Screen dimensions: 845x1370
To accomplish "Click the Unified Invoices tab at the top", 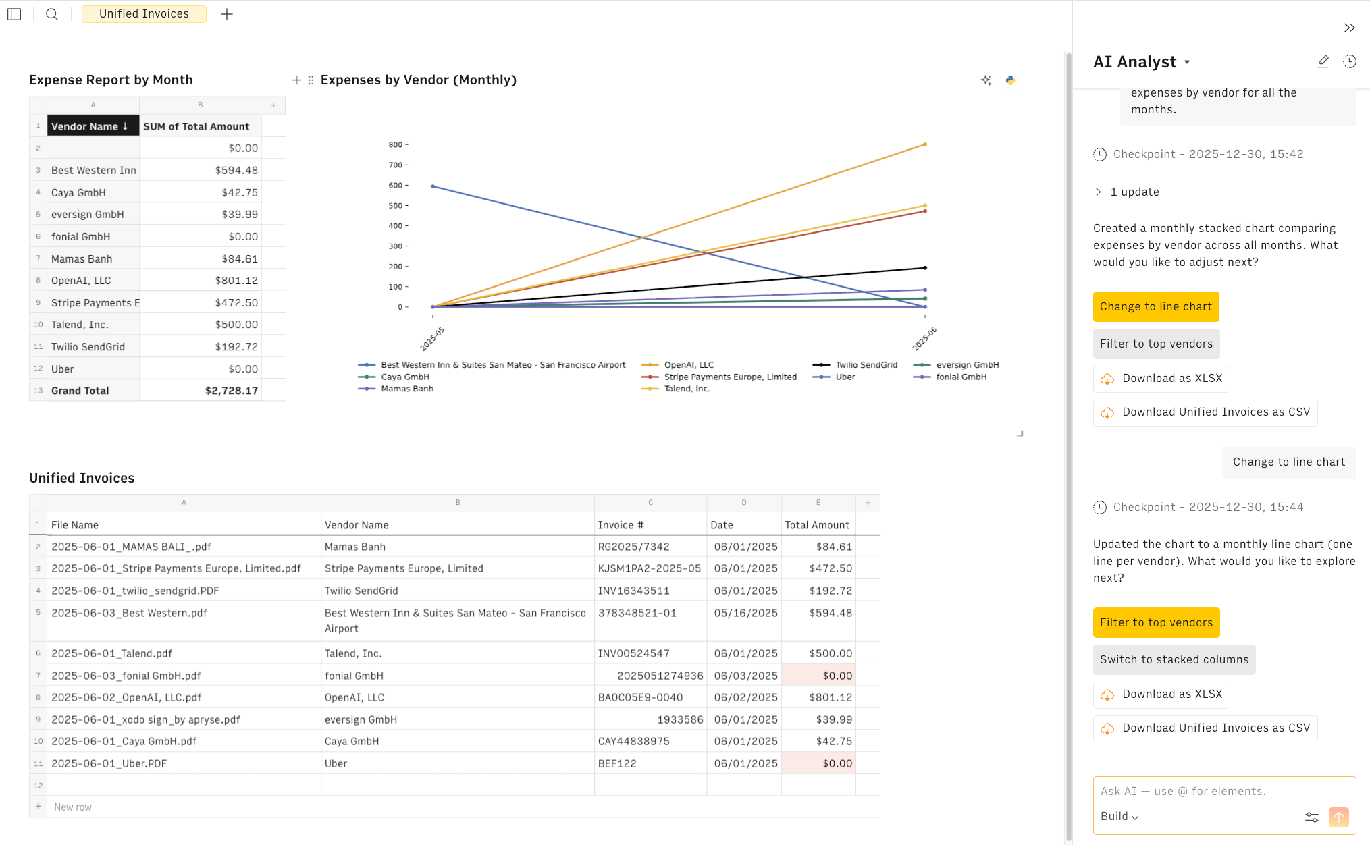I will click(144, 14).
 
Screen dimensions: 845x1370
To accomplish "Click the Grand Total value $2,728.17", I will click(231, 391).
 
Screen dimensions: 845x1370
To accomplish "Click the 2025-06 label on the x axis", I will click(924, 338).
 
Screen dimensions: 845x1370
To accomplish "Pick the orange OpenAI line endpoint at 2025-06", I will click(925, 144).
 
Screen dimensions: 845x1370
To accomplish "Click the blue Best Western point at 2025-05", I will click(433, 186).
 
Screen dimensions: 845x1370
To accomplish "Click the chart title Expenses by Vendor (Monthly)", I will click(418, 80).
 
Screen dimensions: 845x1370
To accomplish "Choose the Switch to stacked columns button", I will click(1174, 660).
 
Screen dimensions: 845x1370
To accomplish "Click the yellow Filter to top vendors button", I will click(1156, 623).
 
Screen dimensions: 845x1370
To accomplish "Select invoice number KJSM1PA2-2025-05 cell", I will click(649, 569).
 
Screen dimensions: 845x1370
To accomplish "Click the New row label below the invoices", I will click(73, 807).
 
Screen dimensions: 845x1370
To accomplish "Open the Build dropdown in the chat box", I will click(1119, 817).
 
